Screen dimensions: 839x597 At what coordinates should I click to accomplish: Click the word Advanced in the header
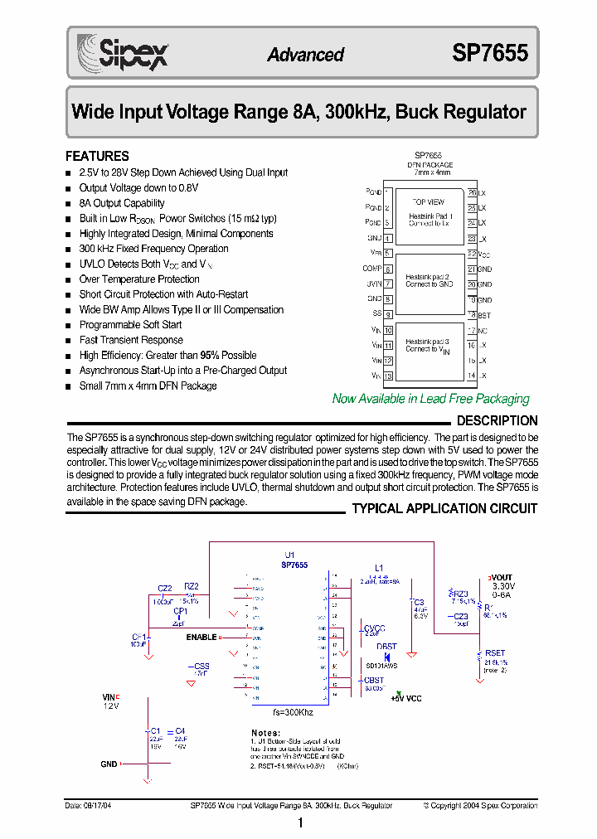click(305, 55)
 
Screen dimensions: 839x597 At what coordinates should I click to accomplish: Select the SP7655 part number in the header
click(489, 54)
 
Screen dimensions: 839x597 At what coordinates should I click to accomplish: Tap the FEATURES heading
click(97, 156)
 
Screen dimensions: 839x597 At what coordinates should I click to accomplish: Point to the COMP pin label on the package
click(372, 269)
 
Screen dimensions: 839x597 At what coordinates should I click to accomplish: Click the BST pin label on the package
click(484, 315)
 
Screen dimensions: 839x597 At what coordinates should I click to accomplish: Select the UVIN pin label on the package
click(374, 284)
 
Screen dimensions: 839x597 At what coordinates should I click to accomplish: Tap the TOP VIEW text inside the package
click(428, 201)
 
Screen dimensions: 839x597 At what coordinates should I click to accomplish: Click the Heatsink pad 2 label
click(428, 276)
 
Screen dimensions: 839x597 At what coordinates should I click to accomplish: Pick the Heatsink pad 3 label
click(428, 341)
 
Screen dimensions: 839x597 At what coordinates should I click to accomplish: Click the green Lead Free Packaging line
click(430, 399)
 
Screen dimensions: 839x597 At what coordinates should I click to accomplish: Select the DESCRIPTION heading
click(497, 421)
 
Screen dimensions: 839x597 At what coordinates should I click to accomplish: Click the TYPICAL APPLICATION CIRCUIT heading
click(444, 508)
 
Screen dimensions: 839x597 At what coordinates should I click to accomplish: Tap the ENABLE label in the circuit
click(201, 638)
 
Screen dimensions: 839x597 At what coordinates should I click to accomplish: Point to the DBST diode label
click(386, 647)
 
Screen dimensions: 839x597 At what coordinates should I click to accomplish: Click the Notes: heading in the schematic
click(265, 733)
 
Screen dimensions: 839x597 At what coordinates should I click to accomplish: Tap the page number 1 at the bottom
click(300, 822)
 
